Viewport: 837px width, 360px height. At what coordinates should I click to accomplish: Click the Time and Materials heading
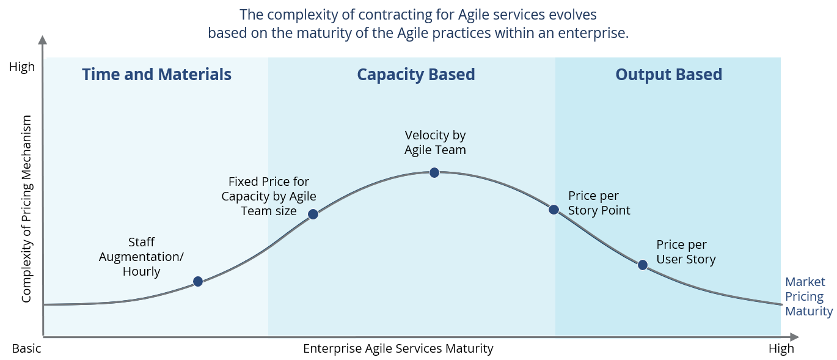click(156, 75)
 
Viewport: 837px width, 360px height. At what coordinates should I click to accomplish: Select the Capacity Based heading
click(415, 75)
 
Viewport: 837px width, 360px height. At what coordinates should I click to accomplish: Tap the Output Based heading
click(668, 75)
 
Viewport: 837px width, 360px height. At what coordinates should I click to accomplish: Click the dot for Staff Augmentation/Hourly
click(197, 281)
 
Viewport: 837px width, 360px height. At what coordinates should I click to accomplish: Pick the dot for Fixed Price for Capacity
click(313, 214)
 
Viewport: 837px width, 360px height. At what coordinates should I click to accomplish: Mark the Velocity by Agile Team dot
click(434, 172)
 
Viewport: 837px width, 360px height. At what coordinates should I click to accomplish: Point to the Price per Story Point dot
click(554, 209)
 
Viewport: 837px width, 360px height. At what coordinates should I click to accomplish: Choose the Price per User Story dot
click(642, 265)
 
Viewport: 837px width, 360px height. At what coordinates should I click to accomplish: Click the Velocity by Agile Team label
click(435, 142)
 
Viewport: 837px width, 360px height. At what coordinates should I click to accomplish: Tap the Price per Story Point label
click(599, 203)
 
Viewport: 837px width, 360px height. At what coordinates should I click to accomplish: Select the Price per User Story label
click(685, 252)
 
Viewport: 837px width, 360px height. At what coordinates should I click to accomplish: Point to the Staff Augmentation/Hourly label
click(141, 257)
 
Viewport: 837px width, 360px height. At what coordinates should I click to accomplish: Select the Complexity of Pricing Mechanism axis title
click(26, 209)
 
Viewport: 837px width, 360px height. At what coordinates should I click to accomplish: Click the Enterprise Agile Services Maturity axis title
click(398, 349)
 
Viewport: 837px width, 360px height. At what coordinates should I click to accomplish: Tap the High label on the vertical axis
click(22, 67)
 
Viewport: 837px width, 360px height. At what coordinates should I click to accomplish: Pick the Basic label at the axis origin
click(26, 349)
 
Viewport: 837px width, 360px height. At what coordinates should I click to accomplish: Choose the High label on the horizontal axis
click(781, 349)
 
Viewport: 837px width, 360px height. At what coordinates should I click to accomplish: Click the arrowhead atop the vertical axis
click(43, 40)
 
